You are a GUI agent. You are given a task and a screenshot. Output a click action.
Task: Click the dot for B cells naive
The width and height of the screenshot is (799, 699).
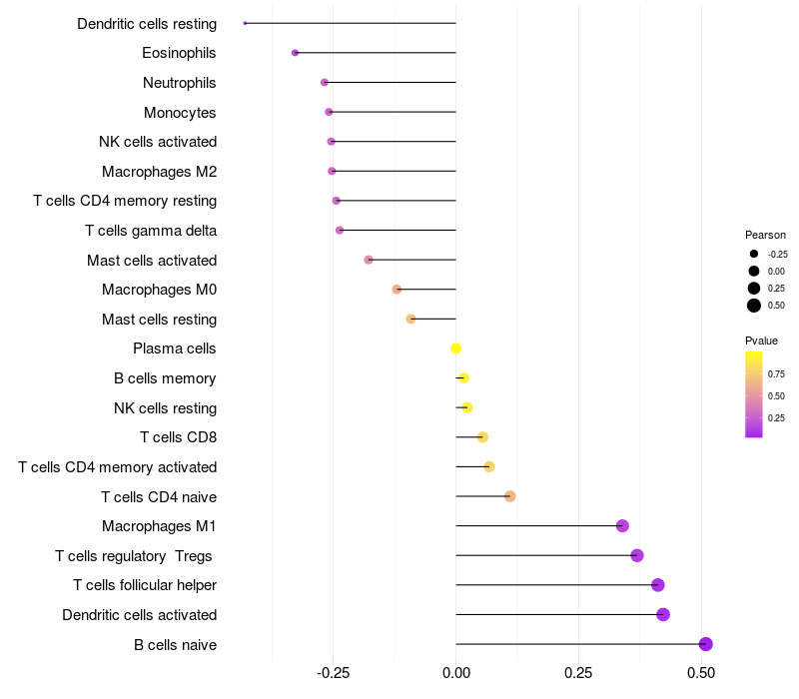pyautogui.click(x=706, y=644)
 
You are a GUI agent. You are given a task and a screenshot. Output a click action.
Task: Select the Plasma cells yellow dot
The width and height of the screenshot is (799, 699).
pyautogui.click(x=456, y=349)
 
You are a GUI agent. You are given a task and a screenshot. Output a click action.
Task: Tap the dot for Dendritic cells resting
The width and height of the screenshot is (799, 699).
pyautogui.click(x=245, y=23)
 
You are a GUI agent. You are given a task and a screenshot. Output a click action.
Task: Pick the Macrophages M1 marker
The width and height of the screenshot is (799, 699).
pyautogui.click(x=622, y=526)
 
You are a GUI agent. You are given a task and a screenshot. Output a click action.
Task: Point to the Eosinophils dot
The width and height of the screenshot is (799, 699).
pyautogui.click(x=295, y=53)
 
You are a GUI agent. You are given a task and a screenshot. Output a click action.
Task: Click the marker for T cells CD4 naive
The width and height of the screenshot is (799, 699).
pyautogui.click(x=509, y=496)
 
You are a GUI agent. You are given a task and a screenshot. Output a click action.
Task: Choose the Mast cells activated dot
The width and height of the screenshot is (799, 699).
pyautogui.click(x=369, y=260)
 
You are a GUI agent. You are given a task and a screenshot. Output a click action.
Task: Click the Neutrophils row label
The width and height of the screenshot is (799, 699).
pyautogui.click(x=180, y=83)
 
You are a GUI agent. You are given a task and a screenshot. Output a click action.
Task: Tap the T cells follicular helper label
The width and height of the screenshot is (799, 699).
pyautogui.click(x=145, y=585)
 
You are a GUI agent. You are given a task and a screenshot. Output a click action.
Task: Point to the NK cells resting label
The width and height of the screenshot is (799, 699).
pyautogui.click(x=166, y=408)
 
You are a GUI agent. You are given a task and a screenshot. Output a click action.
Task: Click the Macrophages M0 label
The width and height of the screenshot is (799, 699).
pyautogui.click(x=159, y=290)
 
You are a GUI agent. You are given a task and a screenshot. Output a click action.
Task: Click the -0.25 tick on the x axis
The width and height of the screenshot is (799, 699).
pyautogui.click(x=333, y=673)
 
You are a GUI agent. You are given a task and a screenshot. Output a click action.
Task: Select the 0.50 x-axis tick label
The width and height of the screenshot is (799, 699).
pyautogui.click(x=701, y=673)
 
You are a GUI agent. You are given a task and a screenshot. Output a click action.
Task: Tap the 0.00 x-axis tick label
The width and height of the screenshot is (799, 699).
pyautogui.click(x=455, y=673)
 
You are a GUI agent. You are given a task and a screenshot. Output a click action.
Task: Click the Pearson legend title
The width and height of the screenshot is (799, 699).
pyautogui.click(x=765, y=235)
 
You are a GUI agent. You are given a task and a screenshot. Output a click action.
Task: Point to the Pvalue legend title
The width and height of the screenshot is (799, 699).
pyautogui.click(x=761, y=341)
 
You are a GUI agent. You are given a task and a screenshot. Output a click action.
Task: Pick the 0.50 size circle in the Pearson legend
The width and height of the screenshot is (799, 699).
pyautogui.click(x=754, y=306)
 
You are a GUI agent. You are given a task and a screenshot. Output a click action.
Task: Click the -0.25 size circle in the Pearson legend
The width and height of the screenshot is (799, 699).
pyautogui.click(x=754, y=254)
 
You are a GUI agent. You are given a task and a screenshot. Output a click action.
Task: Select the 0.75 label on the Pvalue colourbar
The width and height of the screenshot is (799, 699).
pyautogui.click(x=776, y=374)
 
